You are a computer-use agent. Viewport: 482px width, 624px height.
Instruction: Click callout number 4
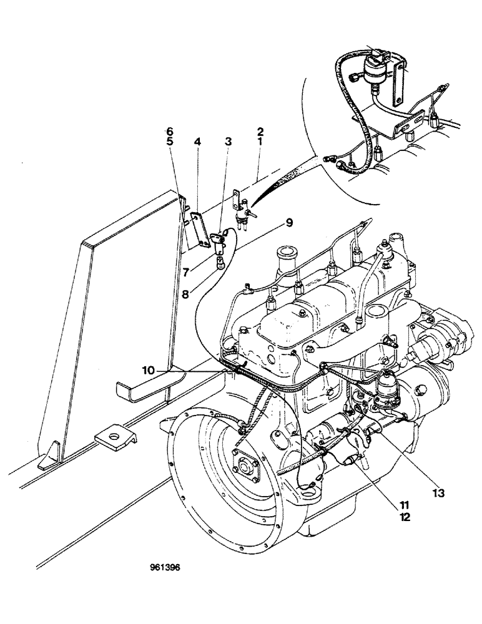pos(197,142)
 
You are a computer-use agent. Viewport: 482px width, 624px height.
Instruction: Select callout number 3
pos(229,142)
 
